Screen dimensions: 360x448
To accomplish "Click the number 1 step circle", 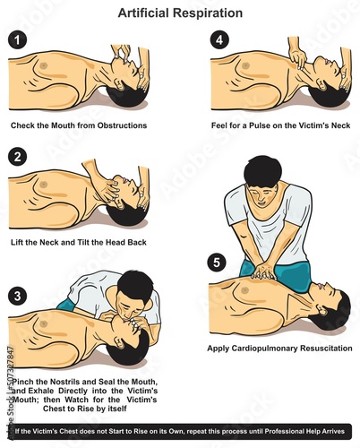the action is coord(17,40).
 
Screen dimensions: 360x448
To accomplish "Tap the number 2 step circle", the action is coord(17,157).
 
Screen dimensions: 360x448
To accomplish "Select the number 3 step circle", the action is coord(17,296).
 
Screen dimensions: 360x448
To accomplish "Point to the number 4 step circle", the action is coord(219,40).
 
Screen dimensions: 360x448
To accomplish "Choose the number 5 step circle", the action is coord(217,263).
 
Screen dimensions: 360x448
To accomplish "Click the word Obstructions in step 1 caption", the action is coord(124,125).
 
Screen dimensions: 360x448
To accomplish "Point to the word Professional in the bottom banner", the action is coord(283,431).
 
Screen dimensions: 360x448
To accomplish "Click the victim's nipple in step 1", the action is coord(44,65).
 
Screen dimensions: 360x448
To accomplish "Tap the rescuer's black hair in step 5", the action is coord(262,171).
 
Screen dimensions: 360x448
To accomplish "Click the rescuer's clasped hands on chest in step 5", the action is coord(263,271).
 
